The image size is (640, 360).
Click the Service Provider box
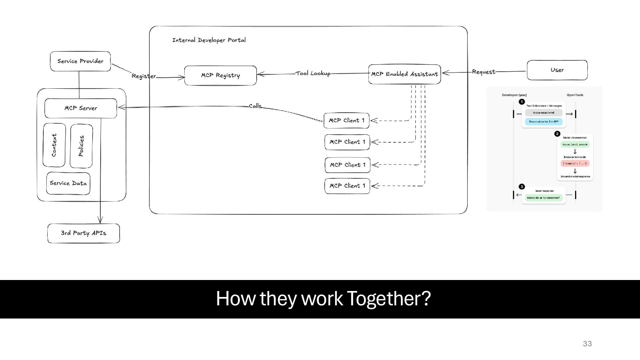[x=80, y=61]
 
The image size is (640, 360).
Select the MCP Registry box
[x=220, y=76]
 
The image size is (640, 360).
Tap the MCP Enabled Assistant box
[x=404, y=74]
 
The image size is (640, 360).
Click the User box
[x=557, y=70]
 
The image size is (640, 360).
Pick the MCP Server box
[x=81, y=108]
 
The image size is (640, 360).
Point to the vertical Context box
[x=54, y=145]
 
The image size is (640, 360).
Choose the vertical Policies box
[x=81, y=146]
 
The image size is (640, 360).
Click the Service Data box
[x=68, y=183]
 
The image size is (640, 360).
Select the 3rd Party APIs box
[x=83, y=233]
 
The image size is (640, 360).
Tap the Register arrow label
[x=144, y=76]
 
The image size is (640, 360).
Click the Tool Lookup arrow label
[x=313, y=73]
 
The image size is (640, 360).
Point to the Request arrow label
[x=483, y=72]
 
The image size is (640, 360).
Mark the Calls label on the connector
[x=255, y=106]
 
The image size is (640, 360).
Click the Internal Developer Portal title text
[x=209, y=40]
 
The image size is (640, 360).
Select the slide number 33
[x=587, y=344]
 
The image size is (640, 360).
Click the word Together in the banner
[x=389, y=298]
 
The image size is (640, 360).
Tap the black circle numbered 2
[x=557, y=134]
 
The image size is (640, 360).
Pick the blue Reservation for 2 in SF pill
[x=544, y=122]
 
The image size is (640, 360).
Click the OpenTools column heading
[x=575, y=95]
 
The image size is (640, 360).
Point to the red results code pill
[x=575, y=164]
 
